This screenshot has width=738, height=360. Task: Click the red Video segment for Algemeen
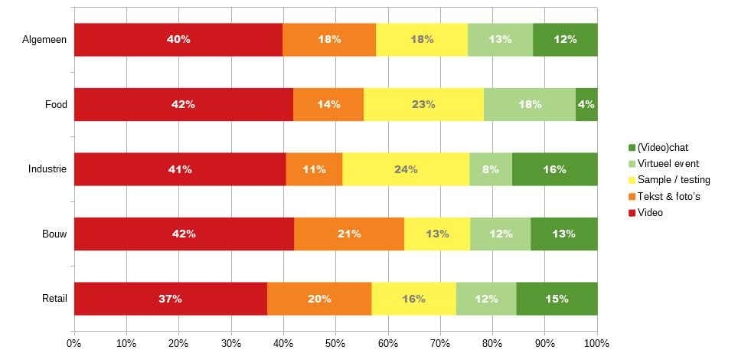[x=178, y=40]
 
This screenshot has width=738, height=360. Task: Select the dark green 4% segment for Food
[x=586, y=104]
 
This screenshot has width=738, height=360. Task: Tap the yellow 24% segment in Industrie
[x=406, y=169]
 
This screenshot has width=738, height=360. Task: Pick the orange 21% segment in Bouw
[x=349, y=234]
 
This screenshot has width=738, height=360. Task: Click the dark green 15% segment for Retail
[x=557, y=299]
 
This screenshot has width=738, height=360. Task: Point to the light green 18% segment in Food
[x=529, y=104]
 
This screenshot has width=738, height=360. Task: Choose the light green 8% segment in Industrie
[x=491, y=169]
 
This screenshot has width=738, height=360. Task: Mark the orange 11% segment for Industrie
[x=314, y=169]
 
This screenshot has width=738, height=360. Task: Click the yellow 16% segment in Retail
[x=413, y=299]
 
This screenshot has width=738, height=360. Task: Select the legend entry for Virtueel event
[x=668, y=163]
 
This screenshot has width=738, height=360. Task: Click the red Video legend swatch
[x=632, y=213]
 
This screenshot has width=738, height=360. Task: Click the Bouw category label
[x=55, y=234]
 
